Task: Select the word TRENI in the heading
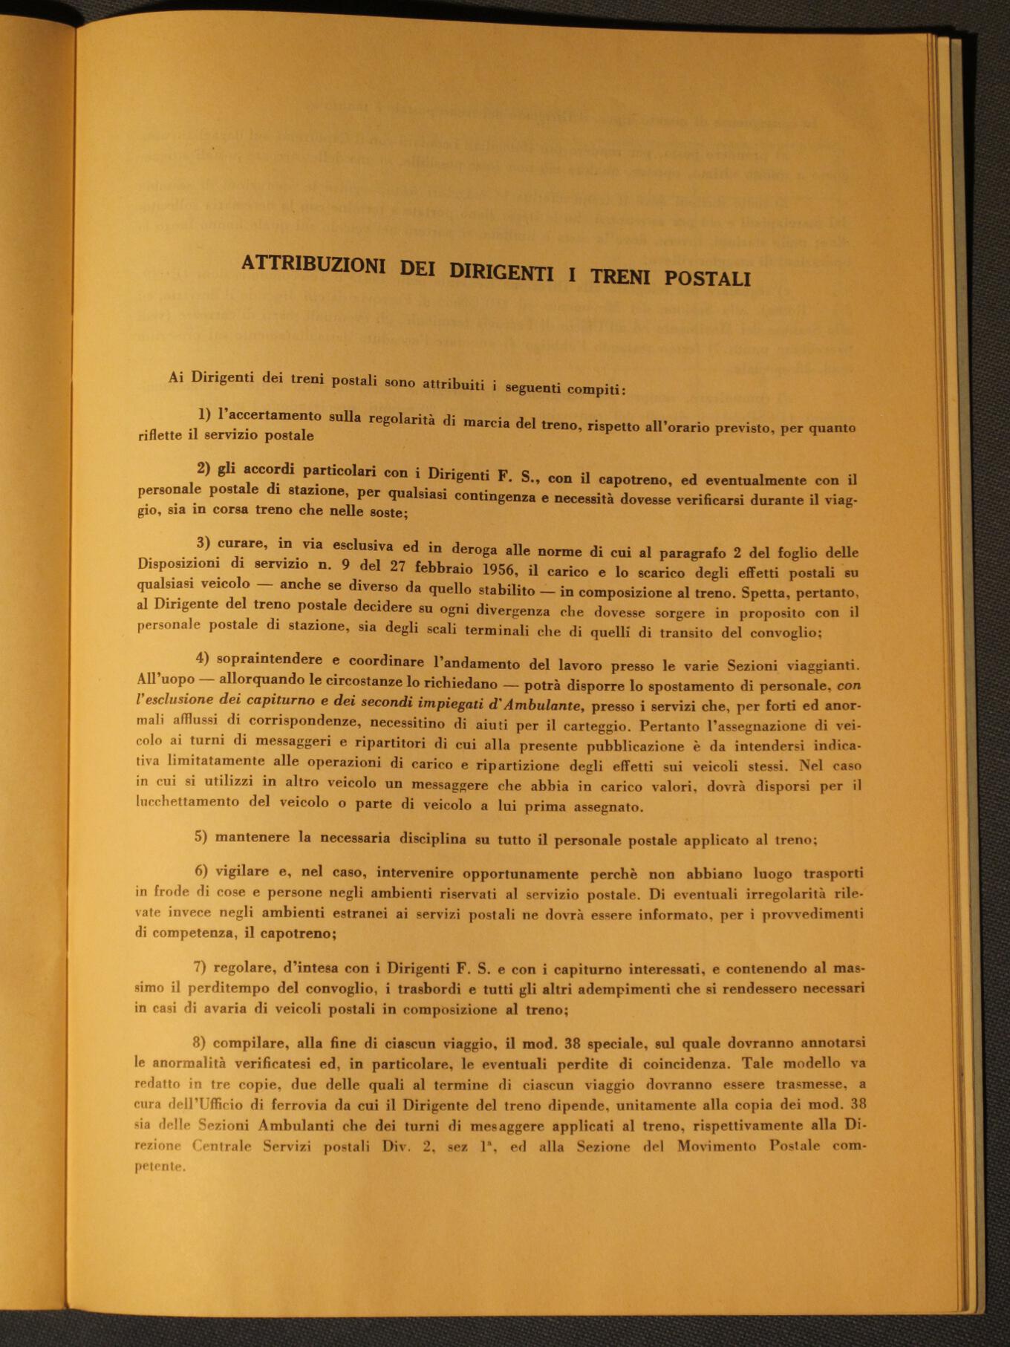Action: [x=618, y=275]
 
